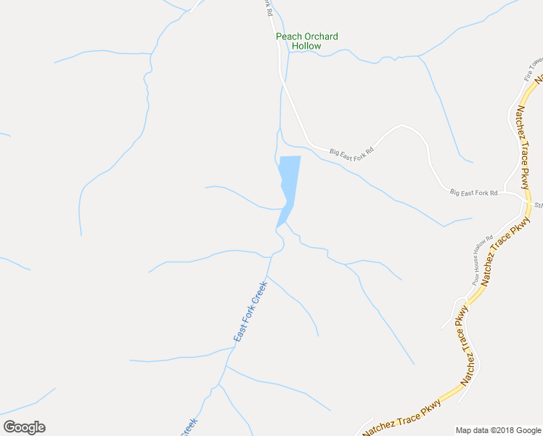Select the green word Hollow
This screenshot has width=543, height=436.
point(306,46)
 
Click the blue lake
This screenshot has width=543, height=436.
point(289,178)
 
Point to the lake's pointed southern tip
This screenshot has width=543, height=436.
point(277,226)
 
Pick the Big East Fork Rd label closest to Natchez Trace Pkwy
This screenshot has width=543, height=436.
point(473,193)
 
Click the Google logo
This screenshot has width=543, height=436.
point(24,427)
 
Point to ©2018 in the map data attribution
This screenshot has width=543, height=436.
point(495,430)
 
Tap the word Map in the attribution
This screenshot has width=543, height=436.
point(463,430)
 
